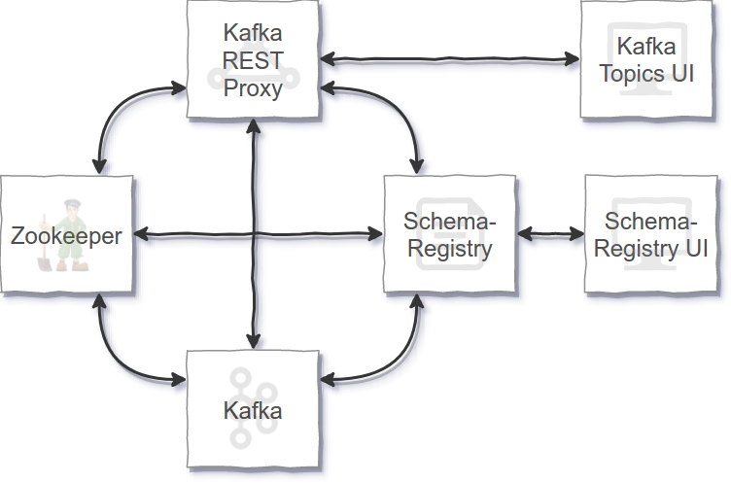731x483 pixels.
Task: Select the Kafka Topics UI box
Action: click(x=647, y=60)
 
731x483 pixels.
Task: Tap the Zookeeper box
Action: click(x=68, y=233)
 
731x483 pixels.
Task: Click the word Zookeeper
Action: click(x=66, y=235)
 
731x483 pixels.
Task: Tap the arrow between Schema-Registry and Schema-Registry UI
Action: click(x=554, y=234)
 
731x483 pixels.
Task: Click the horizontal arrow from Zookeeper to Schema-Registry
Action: click(x=262, y=235)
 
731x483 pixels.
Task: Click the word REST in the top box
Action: click(x=252, y=61)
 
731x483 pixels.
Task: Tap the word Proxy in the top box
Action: click(x=252, y=88)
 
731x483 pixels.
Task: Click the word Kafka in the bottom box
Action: click(x=253, y=410)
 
